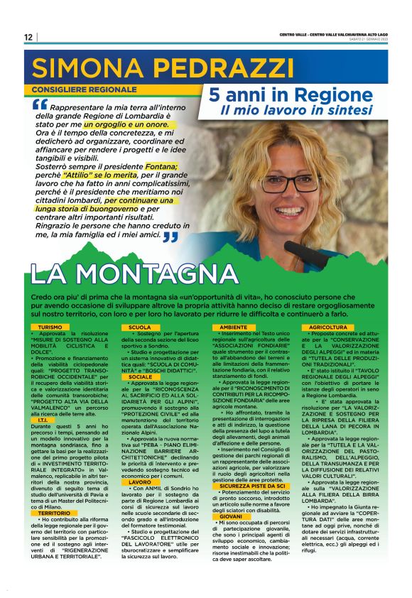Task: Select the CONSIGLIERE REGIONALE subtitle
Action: click(x=83, y=90)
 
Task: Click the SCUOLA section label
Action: click(x=140, y=327)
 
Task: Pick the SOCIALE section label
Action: click(x=141, y=376)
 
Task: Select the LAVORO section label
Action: click(x=140, y=482)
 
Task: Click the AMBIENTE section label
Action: click(x=234, y=327)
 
